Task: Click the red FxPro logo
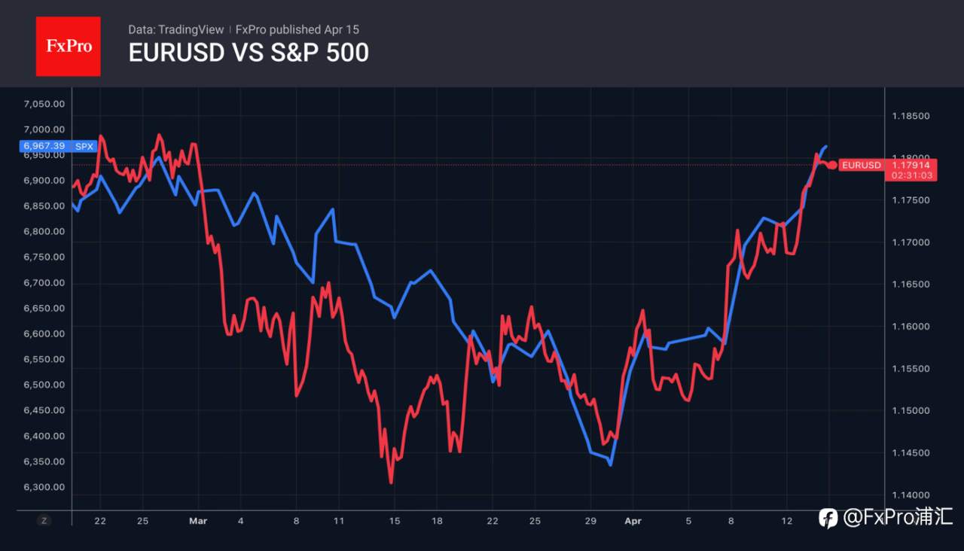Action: tap(68, 46)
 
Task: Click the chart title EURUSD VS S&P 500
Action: tap(249, 53)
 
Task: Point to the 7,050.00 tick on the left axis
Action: tap(44, 104)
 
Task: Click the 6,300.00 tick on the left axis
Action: tap(44, 487)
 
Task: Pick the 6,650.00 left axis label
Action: tap(44, 308)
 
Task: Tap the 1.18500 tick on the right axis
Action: tap(911, 116)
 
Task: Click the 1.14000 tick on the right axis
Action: tap(911, 495)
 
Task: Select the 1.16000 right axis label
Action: tap(911, 327)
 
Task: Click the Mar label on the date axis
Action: tap(198, 521)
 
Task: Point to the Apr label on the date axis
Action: tap(633, 521)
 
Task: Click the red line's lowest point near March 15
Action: tap(391, 483)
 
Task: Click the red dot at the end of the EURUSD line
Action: tap(832, 165)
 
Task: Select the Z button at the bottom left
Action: tap(44, 521)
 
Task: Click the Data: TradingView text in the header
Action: tap(176, 29)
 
